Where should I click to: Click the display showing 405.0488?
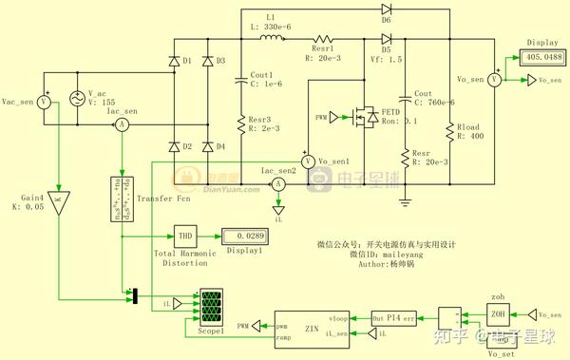[x=541, y=57]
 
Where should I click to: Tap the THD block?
[x=185, y=236]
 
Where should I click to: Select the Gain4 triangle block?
[x=58, y=200]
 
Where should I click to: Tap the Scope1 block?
[x=210, y=307]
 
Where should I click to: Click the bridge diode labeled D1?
[x=173, y=61]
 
